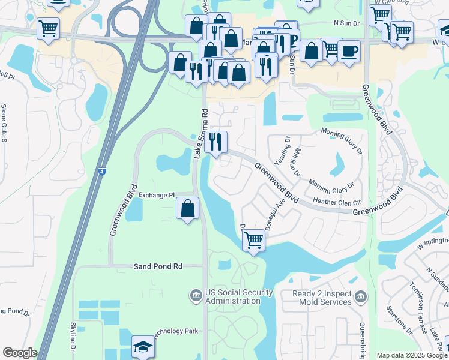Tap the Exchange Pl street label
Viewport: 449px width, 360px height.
pyautogui.click(x=156, y=196)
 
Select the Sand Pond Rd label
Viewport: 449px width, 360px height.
pyautogui.click(x=157, y=266)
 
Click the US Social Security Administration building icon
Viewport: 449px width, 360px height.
pyautogui.click(x=196, y=295)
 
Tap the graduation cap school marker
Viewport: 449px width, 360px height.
pyautogui.click(x=143, y=347)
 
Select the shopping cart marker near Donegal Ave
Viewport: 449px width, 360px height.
pyautogui.click(x=254, y=241)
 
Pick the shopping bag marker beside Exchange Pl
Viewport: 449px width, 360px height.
pyautogui.click(x=188, y=209)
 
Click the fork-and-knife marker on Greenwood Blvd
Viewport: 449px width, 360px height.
pyautogui.click(x=215, y=142)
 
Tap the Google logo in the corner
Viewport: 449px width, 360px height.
pyautogui.click(x=19, y=353)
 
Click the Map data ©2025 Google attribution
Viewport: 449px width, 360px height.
pyautogui.click(x=411, y=355)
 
